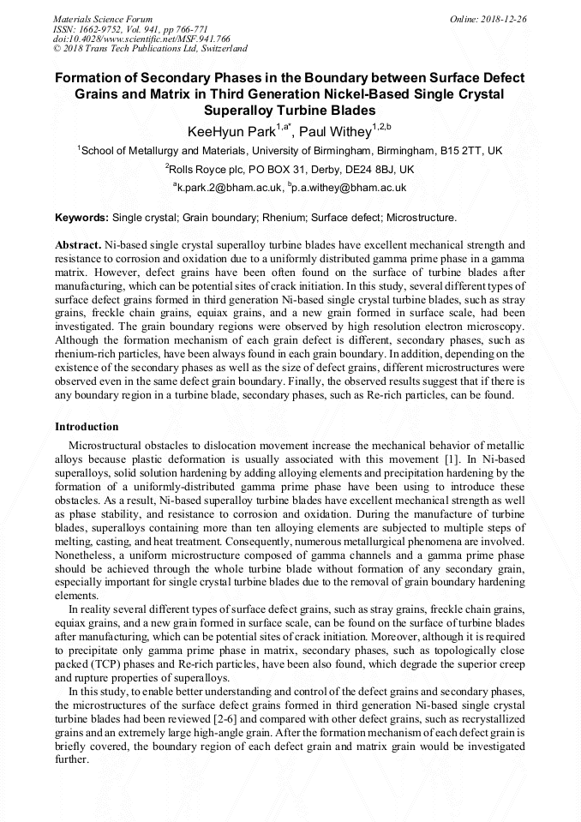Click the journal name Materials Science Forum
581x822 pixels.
(103, 18)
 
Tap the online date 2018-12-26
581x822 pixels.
(504, 18)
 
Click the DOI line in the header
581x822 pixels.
(141, 39)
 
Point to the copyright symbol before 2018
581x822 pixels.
(57, 49)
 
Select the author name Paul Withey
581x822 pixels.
(338, 131)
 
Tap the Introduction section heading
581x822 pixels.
(87, 426)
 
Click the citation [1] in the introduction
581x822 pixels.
(432, 459)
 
